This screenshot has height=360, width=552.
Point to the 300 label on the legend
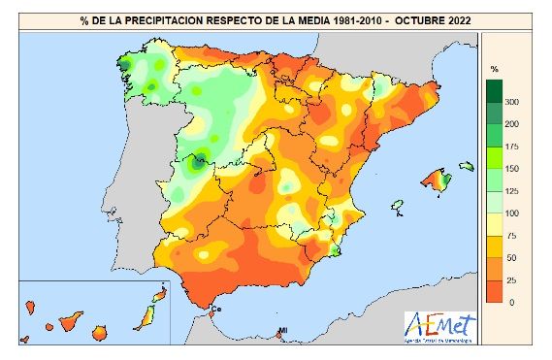[511, 102]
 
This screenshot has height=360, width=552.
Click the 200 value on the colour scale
[511, 124]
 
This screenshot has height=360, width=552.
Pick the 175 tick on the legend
[511, 147]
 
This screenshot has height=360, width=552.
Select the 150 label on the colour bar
[511, 169]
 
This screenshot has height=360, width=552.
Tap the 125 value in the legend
[511, 191]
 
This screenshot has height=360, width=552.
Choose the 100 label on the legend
[511, 213]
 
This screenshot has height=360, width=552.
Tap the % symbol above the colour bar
[495, 69]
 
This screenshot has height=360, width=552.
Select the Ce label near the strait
[216, 311]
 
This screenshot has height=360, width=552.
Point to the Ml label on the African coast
[283, 333]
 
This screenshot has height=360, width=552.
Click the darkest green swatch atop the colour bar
[494, 90]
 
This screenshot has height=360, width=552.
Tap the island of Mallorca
[435, 180]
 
